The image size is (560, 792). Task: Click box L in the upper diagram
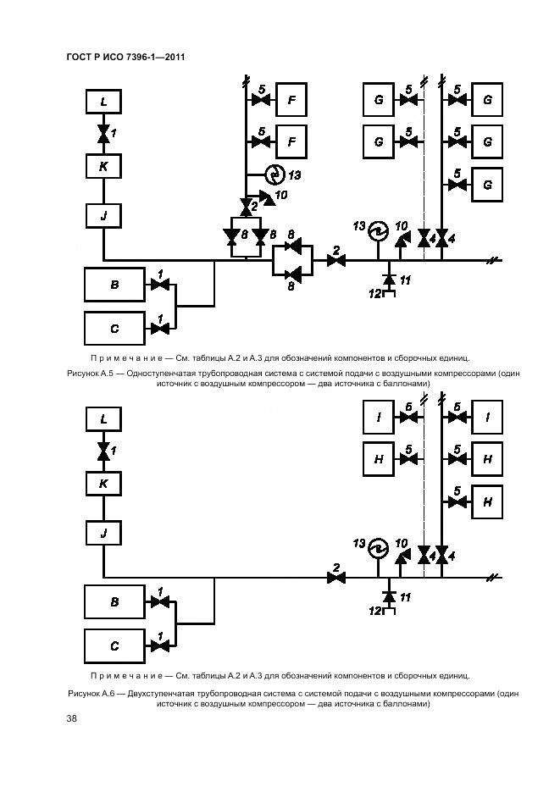pos(103,102)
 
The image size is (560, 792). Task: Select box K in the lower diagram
pos(103,485)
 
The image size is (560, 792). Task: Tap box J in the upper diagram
pos(103,216)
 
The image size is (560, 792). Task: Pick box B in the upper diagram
pos(114,285)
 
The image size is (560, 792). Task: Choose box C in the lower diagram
pos(114,645)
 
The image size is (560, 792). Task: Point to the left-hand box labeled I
pos(378,417)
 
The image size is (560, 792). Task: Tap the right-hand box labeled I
pos(487,417)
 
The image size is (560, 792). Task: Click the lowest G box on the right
pos(487,184)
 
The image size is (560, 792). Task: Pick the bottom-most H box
pos(487,501)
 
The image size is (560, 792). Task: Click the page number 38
pos(72,719)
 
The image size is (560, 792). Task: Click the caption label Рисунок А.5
pos(92,373)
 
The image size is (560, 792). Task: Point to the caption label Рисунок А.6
pos(94,693)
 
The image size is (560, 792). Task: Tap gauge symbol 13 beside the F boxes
pos(274,174)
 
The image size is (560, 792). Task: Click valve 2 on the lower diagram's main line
pos(336,578)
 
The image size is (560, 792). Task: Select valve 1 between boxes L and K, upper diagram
pos(103,134)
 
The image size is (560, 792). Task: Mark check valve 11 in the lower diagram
pos(389,597)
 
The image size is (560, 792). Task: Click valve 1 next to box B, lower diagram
pos(158,602)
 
